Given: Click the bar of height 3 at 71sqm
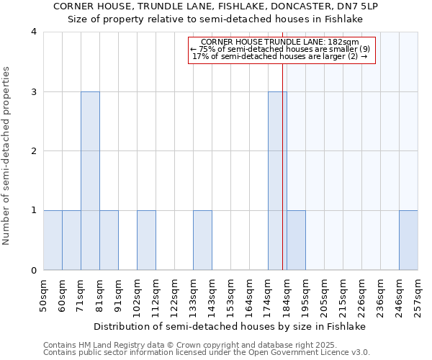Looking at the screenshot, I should click(90, 181).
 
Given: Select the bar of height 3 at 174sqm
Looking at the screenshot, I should click(277, 181).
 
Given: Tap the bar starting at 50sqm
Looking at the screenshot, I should click(53, 240).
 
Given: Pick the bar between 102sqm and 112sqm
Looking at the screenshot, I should click(146, 240).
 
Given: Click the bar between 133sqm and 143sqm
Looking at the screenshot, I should click(202, 240).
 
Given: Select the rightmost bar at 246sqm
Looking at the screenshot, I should click(408, 240).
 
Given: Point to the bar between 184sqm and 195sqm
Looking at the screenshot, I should click(296, 240).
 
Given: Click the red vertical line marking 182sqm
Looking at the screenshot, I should click(282, 158).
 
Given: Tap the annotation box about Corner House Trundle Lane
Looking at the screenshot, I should click(282, 49).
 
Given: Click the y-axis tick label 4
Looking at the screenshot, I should click(34, 32).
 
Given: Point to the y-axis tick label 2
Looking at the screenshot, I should click(34, 151).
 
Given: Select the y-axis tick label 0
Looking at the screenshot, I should click(34, 271).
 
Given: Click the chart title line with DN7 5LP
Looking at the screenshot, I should click(216, 6).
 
